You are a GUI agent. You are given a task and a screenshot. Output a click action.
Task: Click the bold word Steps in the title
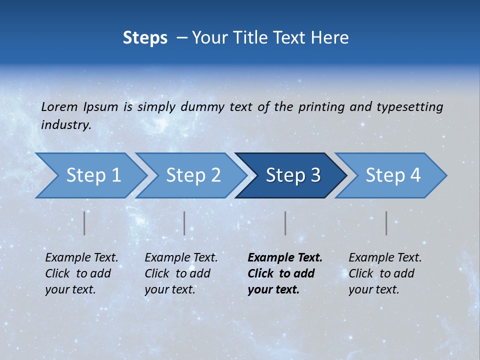145,38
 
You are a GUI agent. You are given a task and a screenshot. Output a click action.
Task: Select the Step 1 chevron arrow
90,175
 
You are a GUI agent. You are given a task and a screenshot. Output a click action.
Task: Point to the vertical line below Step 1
84,223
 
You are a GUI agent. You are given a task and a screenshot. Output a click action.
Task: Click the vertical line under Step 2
184,223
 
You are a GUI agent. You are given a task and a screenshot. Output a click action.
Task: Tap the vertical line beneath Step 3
285,223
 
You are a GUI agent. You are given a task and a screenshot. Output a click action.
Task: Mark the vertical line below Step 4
386,223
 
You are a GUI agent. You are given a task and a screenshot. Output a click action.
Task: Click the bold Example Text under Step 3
285,273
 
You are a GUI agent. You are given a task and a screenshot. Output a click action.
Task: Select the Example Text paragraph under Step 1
81,273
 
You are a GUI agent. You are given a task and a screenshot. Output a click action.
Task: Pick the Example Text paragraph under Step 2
181,273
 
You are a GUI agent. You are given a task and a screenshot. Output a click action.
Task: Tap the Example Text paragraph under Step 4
385,273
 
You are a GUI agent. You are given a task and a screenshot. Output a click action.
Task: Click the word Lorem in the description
59,107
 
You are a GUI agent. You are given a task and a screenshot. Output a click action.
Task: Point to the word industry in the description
66,125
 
